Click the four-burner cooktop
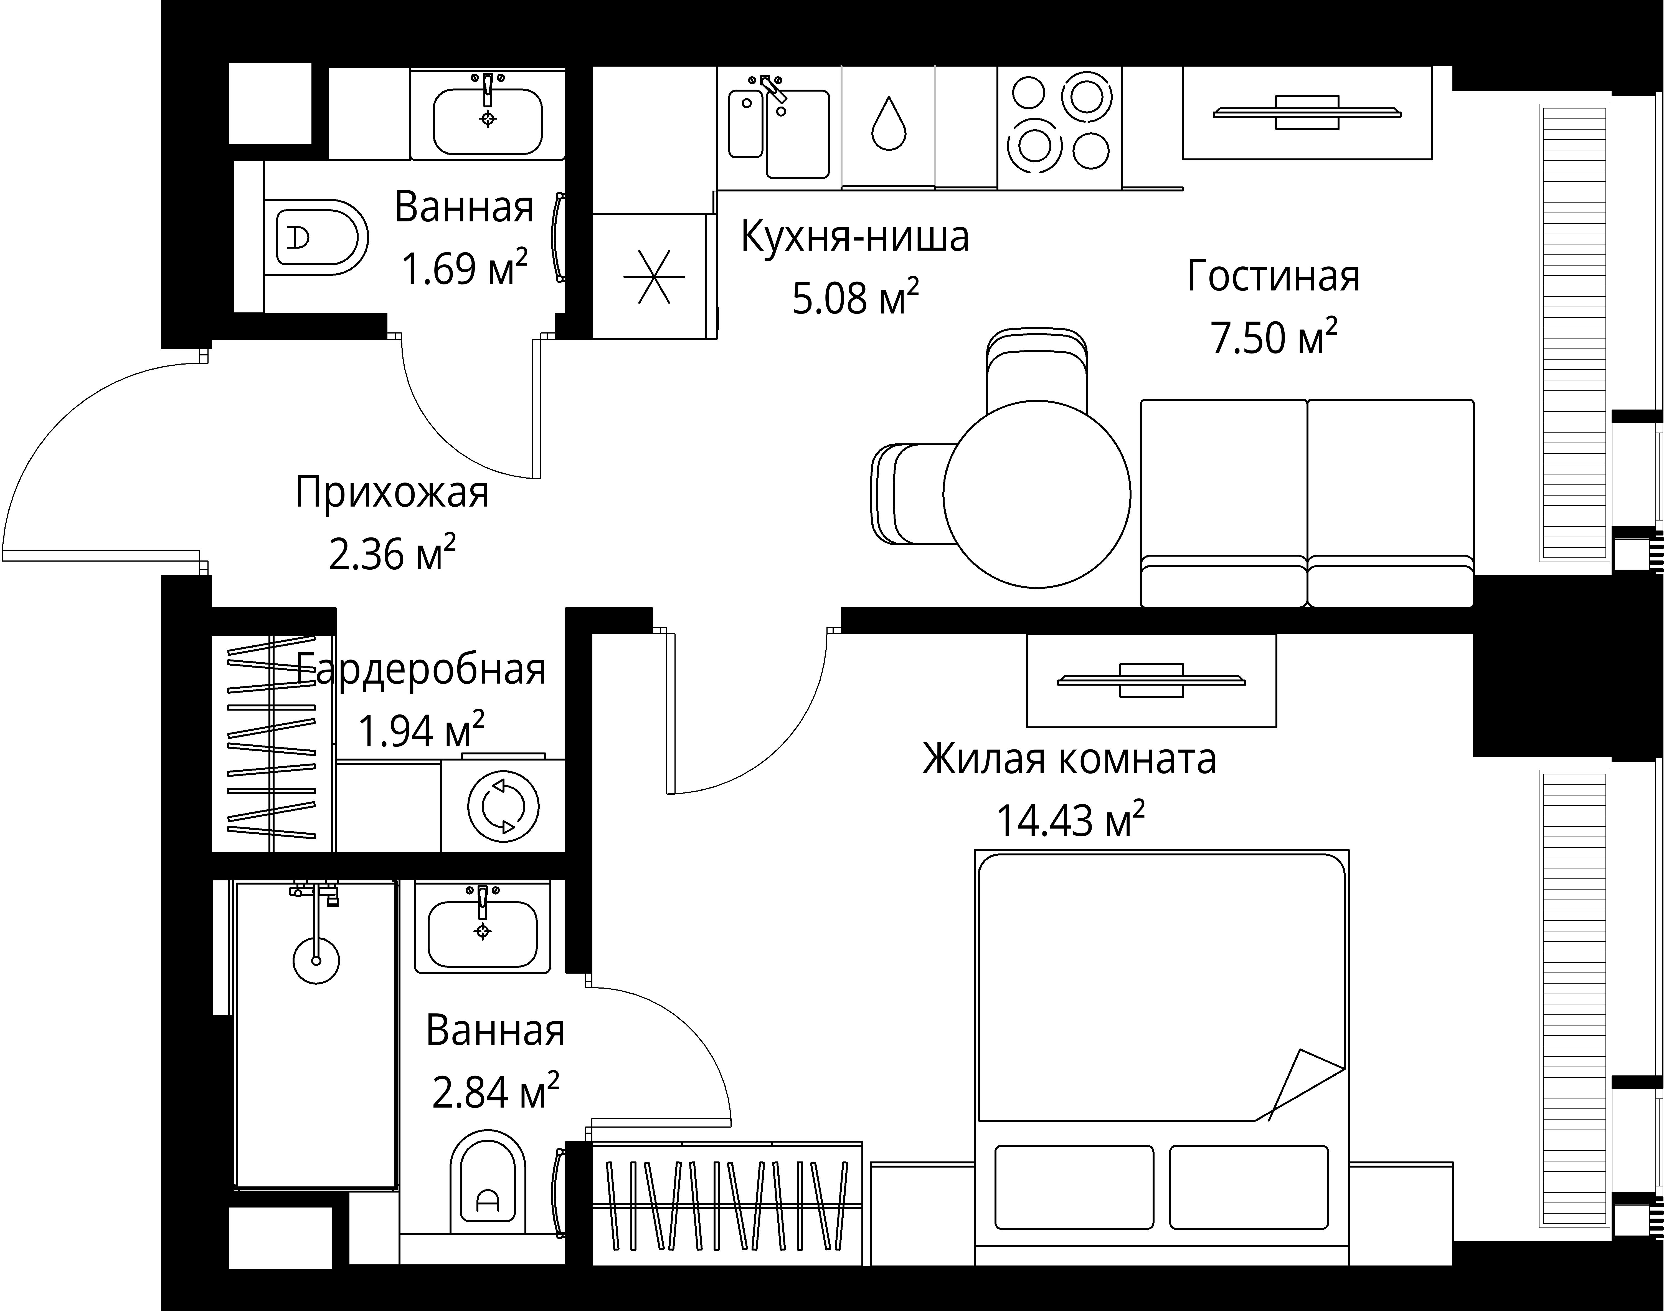point(1059,127)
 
